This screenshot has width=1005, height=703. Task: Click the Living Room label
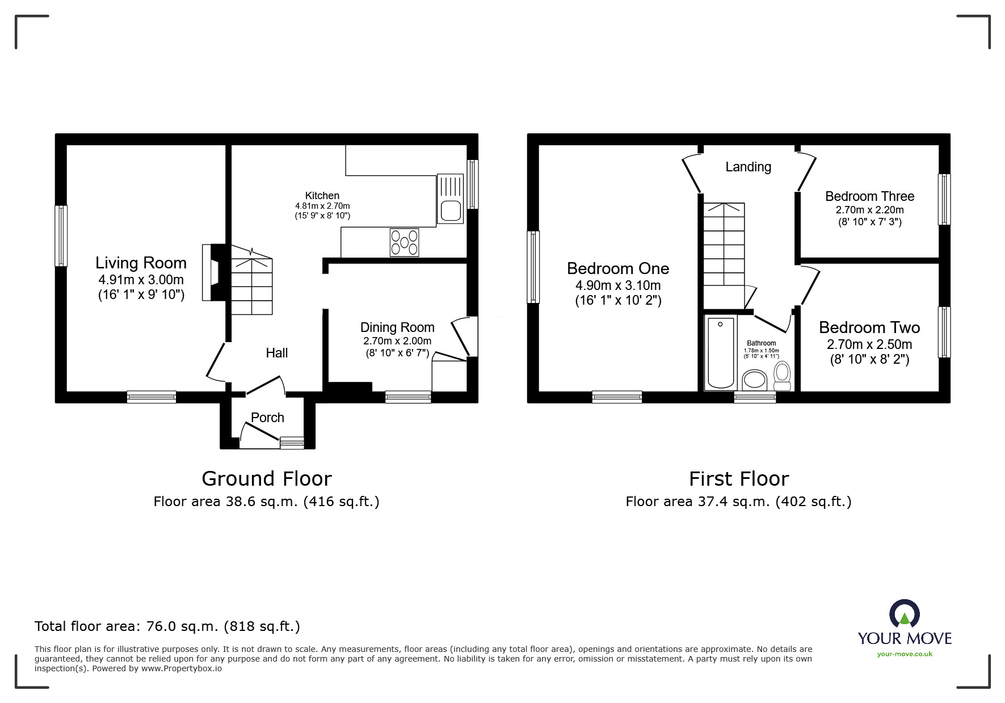141,263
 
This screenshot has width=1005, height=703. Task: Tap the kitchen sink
451,199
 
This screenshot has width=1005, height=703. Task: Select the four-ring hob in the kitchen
404,242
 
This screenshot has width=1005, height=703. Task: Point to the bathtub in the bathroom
721,352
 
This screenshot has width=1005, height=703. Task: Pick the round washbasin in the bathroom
755,379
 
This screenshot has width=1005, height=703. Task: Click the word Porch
267,418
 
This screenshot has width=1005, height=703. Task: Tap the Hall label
277,353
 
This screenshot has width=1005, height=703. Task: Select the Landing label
748,167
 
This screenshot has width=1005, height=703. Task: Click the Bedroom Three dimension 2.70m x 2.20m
870,209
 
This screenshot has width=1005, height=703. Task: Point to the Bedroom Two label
869,327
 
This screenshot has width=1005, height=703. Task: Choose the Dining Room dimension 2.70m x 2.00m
397,341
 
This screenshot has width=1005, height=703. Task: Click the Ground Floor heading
267,479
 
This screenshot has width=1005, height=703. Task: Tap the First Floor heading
739,479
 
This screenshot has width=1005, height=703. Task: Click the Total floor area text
167,626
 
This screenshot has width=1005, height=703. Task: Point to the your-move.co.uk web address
905,654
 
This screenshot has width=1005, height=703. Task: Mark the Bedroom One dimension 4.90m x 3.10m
618,285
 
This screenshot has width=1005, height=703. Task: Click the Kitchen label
322,196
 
